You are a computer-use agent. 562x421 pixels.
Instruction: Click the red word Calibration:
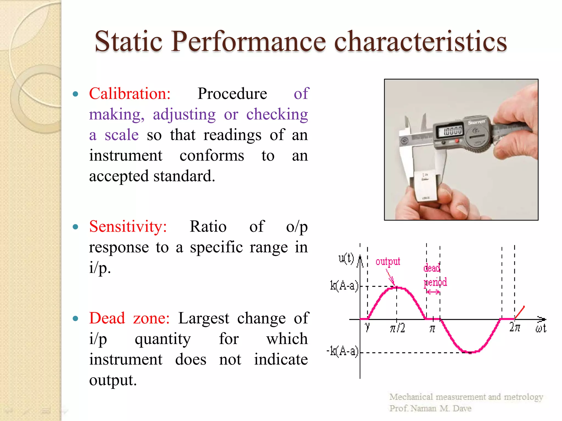click(x=130, y=94)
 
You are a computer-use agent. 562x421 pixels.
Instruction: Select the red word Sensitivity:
click(x=128, y=227)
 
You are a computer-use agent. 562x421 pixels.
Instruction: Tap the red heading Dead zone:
click(x=129, y=318)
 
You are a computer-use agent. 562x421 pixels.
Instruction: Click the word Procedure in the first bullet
click(x=232, y=94)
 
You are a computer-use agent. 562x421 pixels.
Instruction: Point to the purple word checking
click(x=277, y=115)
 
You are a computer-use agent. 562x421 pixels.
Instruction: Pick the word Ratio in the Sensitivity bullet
click(x=208, y=227)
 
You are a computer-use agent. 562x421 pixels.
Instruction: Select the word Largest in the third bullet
click(x=203, y=318)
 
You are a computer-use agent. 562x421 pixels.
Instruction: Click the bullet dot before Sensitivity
click(x=75, y=227)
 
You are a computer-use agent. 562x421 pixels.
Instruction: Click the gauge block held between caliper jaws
click(x=425, y=186)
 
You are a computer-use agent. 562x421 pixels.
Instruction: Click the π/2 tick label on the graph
click(x=397, y=328)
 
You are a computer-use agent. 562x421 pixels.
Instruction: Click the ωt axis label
click(x=541, y=328)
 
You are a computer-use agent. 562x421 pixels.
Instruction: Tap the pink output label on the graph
click(x=387, y=261)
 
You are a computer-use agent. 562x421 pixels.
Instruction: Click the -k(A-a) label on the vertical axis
click(x=342, y=351)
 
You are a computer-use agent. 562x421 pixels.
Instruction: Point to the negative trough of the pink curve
click(x=470, y=352)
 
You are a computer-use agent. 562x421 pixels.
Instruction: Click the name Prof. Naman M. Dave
click(x=430, y=408)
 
